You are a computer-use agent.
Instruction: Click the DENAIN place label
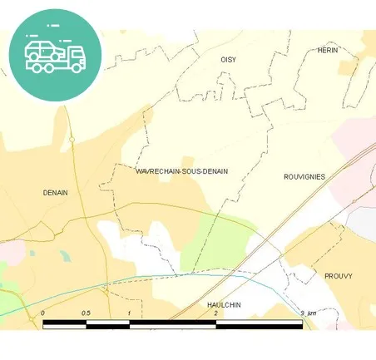pyautogui.click(x=55, y=192)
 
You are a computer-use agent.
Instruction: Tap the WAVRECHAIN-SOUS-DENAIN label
pyautogui.click(x=181, y=171)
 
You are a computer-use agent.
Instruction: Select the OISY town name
pyautogui.click(x=228, y=60)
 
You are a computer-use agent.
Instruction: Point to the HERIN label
pyautogui.click(x=327, y=50)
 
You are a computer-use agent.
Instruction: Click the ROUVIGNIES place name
pyautogui.click(x=304, y=176)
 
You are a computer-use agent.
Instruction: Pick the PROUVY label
pyautogui.click(x=339, y=275)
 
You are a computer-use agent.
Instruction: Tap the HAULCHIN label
pyautogui.click(x=224, y=305)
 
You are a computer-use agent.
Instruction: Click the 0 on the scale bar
pyautogui.click(x=42, y=313)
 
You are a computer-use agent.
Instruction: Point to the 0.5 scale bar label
pyautogui.click(x=86, y=313)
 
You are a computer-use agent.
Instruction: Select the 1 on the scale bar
pyautogui.click(x=130, y=313)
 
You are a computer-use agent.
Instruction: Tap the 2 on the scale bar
pyautogui.click(x=215, y=313)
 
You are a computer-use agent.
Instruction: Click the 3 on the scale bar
pyautogui.click(x=301, y=313)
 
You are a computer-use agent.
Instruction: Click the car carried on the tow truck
pyautogui.click(x=42, y=50)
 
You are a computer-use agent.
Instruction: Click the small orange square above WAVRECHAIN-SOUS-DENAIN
pyautogui.click(x=188, y=161)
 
